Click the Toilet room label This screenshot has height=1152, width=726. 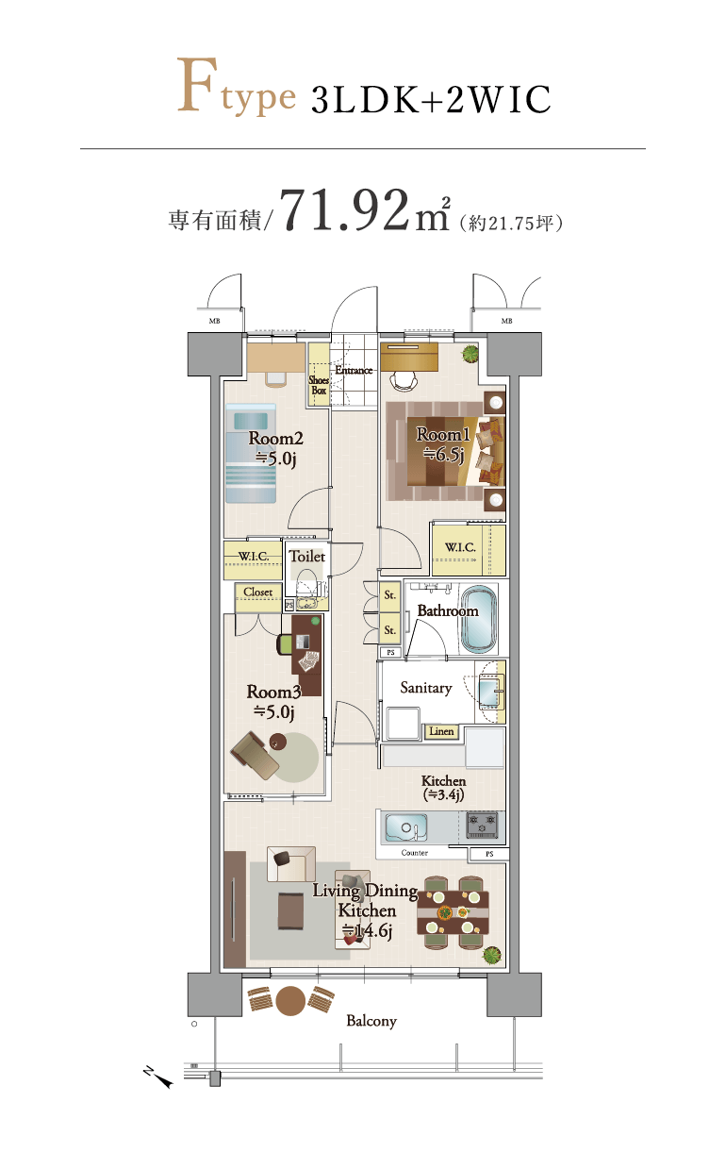tap(307, 556)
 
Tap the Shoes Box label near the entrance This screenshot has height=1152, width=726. tap(319, 385)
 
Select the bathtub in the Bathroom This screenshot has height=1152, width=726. tap(479, 619)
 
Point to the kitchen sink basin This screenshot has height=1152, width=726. tap(406, 827)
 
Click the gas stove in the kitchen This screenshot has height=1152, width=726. tap(482, 826)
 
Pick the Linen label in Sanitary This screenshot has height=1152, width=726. tap(441, 731)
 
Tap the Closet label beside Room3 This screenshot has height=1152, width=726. tap(258, 592)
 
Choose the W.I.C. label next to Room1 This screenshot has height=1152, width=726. tap(460, 547)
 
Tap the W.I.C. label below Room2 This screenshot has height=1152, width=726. tap(254, 556)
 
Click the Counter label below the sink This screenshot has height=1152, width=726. tap(414, 853)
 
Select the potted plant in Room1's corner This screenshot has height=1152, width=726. tap(470, 353)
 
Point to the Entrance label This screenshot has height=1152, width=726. tap(354, 370)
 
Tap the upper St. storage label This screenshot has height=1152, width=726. tap(390, 595)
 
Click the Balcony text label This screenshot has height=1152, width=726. tap(371, 1021)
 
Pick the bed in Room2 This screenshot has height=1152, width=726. tap(251, 453)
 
